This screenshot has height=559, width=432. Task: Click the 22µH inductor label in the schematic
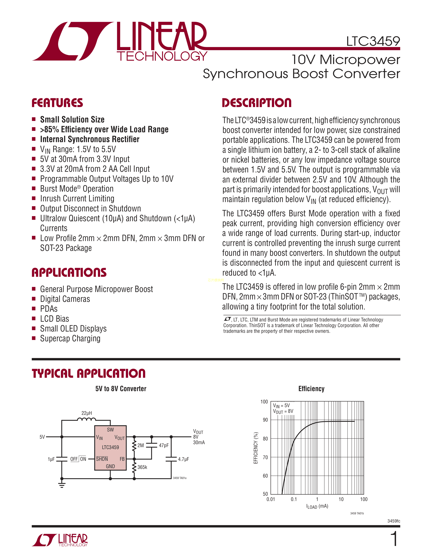87,413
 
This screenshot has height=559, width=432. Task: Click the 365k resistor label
142,467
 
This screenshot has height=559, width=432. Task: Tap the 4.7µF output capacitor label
183,459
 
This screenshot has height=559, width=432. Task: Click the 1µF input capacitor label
51,459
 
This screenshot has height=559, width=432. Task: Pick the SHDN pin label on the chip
102,459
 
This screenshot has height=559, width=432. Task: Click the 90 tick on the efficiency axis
265,420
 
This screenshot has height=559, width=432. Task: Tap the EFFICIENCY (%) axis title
256,448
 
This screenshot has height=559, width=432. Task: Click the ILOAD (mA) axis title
317,506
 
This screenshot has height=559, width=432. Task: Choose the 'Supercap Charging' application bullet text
70,339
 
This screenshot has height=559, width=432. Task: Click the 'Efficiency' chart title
311,389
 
